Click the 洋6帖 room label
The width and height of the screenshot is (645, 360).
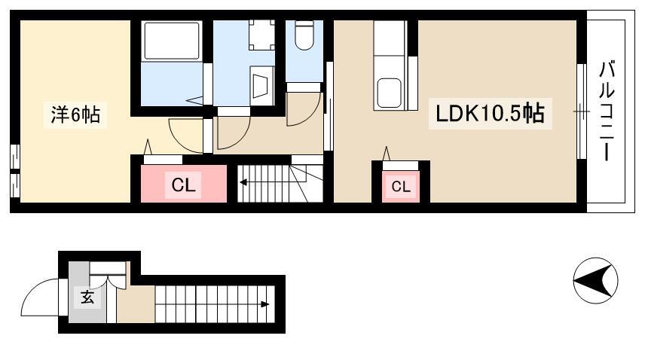tap(75, 114)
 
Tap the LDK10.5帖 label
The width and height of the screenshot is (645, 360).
tap(490, 114)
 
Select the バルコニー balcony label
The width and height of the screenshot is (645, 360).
tap(607, 111)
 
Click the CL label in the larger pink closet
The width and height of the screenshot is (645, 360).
tap(183, 185)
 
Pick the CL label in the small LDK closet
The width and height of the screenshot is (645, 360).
tap(401, 187)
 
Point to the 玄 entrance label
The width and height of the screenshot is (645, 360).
tap(87, 297)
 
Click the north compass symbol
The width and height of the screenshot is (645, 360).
tap(595, 281)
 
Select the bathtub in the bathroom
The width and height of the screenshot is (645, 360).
tap(172, 40)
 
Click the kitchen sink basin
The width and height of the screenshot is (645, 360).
tap(389, 93)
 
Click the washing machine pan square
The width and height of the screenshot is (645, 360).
tap(261, 35)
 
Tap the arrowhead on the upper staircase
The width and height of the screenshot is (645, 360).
tap(243, 182)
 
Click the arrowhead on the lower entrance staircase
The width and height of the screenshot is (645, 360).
tap(265, 304)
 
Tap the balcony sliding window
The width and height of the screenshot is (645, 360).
tap(581, 111)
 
